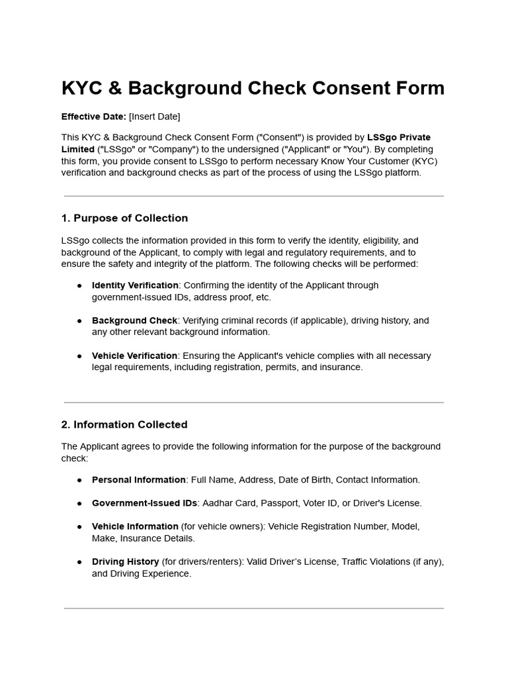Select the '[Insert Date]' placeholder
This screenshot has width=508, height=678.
pyautogui.click(x=154, y=117)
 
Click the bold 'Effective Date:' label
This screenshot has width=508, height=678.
pyautogui.click(x=94, y=117)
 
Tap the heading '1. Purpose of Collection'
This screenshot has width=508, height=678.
pyautogui.click(x=124, y=218)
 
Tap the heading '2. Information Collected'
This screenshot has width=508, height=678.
pyautogui.click(x=124, y=424)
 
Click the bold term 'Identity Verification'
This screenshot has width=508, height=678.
pyautogui.click(x=135, y=285)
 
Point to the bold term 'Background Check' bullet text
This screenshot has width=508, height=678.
pyautogui.click(x=134, y=320)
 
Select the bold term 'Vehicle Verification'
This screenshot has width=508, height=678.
pyautogui.click(x=134, y=356)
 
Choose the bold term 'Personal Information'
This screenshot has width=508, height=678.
pyautogui.click(x=139, y=479)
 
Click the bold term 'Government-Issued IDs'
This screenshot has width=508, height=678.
pyautogui.click(x=145, y=503)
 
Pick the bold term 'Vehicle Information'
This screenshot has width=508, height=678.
pyautogui.click(x=135, y=526)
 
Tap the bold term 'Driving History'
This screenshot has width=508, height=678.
pyautogui.click(x=126, y=561)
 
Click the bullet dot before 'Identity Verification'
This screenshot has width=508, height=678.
pyautogui.click(x=79, y=285)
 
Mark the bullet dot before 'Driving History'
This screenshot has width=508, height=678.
pyautogui.click(x=79, y=561)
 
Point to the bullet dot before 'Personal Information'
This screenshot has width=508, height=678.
pyautogui.click(x=79, y=479)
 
